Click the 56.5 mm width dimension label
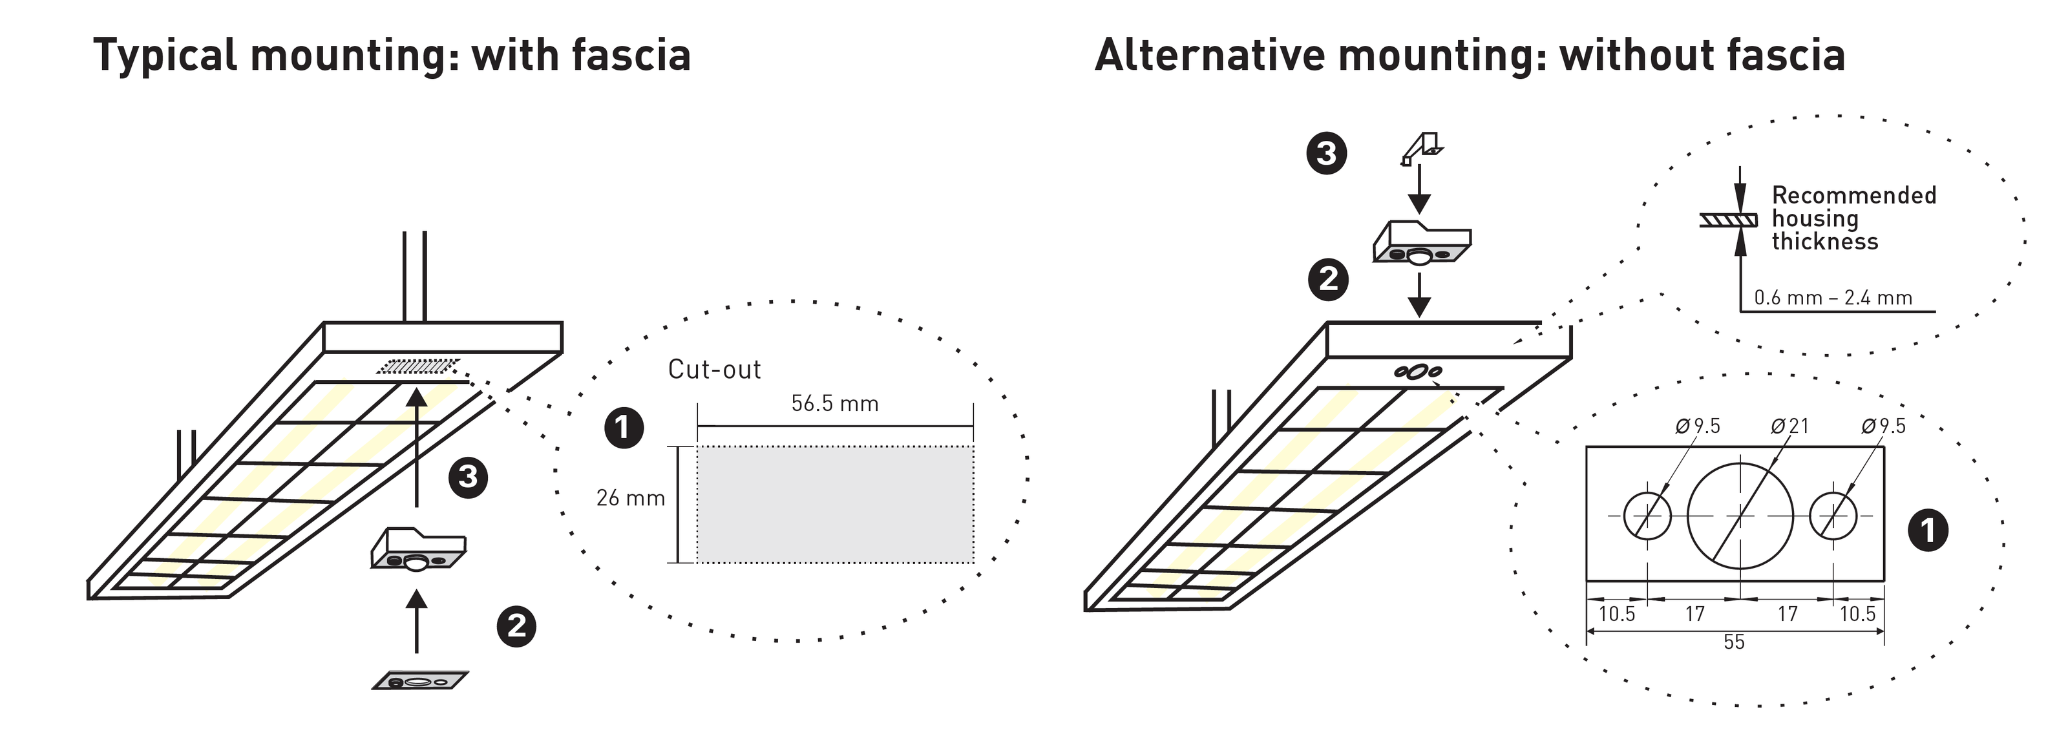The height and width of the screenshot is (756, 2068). click(834, 404)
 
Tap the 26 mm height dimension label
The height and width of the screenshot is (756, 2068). click(630, 498)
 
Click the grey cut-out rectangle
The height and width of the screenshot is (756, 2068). click(835, 505)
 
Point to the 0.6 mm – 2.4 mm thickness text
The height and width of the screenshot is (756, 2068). click(1833, 299)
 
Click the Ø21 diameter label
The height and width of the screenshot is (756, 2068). click(1789, 426)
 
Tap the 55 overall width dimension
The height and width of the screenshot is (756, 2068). click(1734, 643)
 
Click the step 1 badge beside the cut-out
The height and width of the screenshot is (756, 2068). click(624, 428)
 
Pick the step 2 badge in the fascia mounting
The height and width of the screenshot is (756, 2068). click(517, 626)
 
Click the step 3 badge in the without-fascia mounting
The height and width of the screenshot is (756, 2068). click(1326, 153)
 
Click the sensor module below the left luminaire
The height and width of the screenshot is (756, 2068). click(417, 550)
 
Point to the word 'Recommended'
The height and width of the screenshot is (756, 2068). click(1853, 195)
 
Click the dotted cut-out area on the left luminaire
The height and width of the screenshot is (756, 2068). click(418, 367)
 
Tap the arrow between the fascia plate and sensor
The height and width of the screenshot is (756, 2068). click(416, 622)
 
